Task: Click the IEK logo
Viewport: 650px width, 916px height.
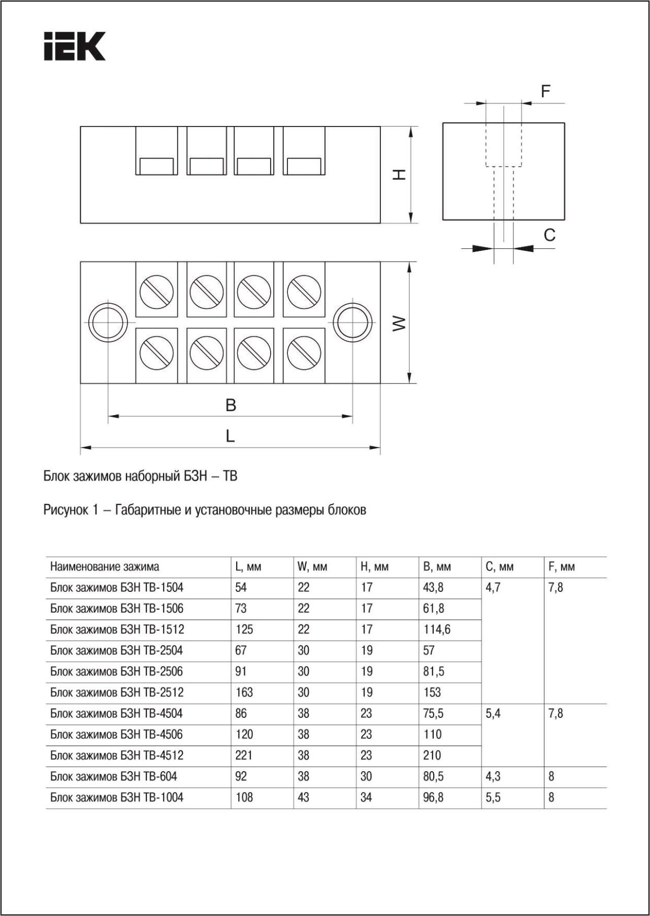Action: pos(75,46)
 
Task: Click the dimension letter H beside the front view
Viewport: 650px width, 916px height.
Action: pos(400,175)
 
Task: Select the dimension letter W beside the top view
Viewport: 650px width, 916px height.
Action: pos(400,323)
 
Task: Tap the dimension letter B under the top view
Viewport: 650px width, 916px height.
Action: pos(231,405)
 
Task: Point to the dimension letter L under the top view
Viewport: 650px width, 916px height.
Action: pos(230,436)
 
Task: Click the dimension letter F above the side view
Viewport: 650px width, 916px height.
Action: pos(545,91)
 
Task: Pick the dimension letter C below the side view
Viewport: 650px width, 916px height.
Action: pos(549,235)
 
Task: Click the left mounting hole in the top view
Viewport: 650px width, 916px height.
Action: pos(108,323)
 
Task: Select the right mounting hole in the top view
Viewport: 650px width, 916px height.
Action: pos(352,323)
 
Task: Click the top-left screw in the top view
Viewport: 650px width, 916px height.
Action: pos(156,292)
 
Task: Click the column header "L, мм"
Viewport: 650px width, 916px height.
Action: pos(248,567)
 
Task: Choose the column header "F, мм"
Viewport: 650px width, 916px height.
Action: pos(562,567)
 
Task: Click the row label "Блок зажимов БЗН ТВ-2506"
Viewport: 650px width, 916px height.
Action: pos(116,672)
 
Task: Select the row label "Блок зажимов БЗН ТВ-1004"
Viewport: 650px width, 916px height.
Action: pos(116,798)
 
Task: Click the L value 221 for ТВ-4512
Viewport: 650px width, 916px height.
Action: pos(244,755)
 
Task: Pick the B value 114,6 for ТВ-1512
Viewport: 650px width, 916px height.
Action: pos(437,629)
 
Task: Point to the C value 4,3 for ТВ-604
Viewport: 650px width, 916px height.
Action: pos(493,777)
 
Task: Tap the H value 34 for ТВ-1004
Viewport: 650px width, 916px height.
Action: pos(366,798)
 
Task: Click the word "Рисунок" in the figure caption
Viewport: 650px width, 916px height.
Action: pos(66,510)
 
